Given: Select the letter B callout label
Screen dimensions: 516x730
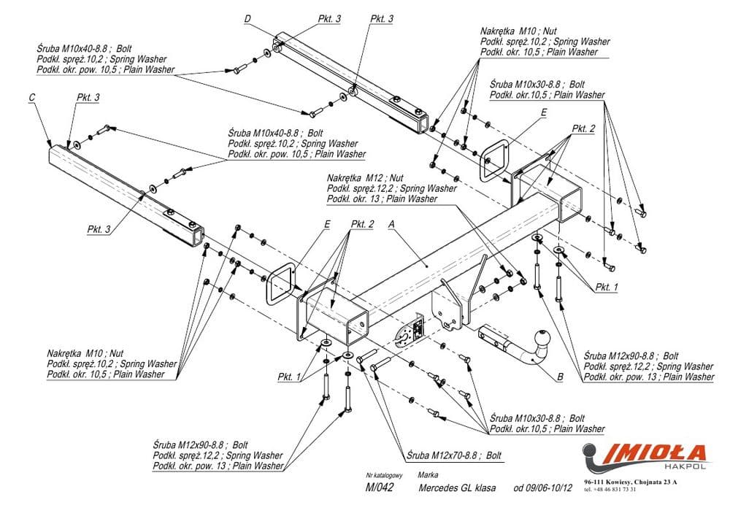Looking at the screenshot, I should tap(560, 377).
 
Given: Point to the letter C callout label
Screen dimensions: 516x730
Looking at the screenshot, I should tap(32, 97).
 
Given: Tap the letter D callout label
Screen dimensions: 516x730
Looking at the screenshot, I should tap(247, 18).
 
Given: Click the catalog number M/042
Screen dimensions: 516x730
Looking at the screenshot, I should tap(380, 488).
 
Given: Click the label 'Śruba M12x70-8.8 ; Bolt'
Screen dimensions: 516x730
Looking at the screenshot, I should tap(455, 455).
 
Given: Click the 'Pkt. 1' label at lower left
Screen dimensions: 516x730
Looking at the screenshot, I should tap(288, 377).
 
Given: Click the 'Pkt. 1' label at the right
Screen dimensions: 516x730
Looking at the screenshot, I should tap(605, 287).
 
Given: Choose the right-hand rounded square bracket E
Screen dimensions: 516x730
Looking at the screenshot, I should tap(497, 159).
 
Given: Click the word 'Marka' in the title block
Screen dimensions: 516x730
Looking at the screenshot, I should tap(429, 474).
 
